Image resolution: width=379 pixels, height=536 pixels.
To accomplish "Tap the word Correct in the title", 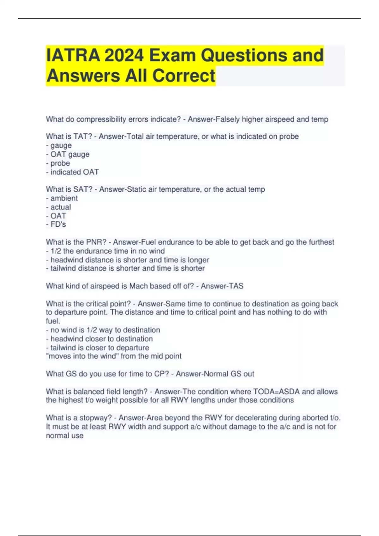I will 184,76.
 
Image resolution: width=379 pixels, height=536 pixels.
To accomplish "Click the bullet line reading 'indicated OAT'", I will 72,172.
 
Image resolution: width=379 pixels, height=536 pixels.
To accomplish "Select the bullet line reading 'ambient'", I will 62,198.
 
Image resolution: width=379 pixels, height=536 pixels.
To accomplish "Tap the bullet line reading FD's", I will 56,224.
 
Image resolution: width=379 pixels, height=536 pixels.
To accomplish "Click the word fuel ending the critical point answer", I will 53,321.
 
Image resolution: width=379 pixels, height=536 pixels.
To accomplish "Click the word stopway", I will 94,418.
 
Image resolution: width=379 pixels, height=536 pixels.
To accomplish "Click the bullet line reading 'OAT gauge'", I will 68,154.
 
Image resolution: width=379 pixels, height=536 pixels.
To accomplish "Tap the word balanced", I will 88,392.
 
